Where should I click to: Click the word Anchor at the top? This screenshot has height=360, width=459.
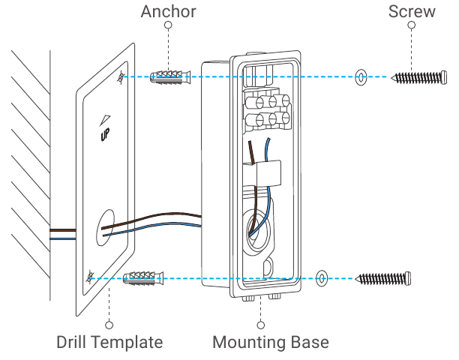(x=169, y=11)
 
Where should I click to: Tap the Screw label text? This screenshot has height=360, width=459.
(x=411, y=11)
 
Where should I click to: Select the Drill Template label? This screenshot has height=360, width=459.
(x=109, y=343)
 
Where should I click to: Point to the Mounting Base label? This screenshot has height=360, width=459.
(x=271, y=343)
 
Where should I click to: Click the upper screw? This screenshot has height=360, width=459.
(x=421, y=77)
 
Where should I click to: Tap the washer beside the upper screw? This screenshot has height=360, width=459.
(x=361, y=76)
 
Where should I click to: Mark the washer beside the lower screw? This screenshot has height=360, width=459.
(x=322, y=277)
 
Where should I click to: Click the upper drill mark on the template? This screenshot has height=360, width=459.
(x=121, y=77)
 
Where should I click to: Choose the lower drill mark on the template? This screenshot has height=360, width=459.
(x=89, y=277)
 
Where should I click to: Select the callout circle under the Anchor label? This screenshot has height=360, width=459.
(x=169, y=25)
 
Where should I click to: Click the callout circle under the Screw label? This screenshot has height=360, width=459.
(x=411, y=25)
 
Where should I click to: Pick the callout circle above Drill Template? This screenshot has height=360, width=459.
(x=109, y=325)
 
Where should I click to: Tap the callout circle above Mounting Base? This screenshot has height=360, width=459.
(x=261, y=325)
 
